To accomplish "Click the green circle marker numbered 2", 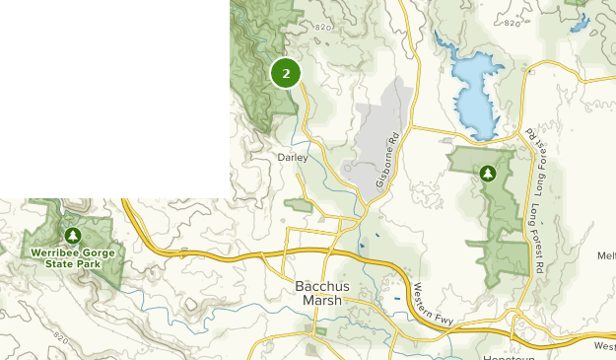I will [286, 73].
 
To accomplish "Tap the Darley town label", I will [293, 157].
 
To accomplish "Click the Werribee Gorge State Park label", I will [73, 258].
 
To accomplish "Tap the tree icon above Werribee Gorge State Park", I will [73, 236].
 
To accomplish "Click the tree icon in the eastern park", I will [487, 174].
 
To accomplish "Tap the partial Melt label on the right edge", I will [606, 255].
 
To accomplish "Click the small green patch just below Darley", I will [298, 205].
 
